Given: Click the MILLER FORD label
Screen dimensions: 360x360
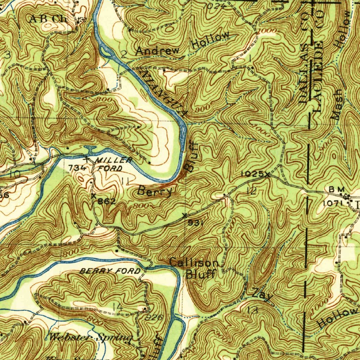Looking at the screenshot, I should click(x=109, y=164).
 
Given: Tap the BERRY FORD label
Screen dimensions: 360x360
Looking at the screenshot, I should click(x=110, y=271).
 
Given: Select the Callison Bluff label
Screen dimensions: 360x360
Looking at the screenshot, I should click(x=195, y=268).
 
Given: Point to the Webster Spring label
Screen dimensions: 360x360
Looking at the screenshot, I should click(x=90, y=338).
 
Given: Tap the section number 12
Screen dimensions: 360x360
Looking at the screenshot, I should click(x=251, y=191).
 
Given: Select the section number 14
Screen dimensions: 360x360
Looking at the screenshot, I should click(x=118, y=308).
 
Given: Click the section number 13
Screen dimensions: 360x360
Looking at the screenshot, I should click(x=252, y=310).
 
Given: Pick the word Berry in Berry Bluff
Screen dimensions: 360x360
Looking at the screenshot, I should click(x=155, y=191).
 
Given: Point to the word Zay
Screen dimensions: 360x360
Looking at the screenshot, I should click(x=262, y=295).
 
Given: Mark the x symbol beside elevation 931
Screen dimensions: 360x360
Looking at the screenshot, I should click(x=185, y=215).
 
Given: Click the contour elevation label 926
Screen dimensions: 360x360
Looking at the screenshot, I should click(x=154, y=317).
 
